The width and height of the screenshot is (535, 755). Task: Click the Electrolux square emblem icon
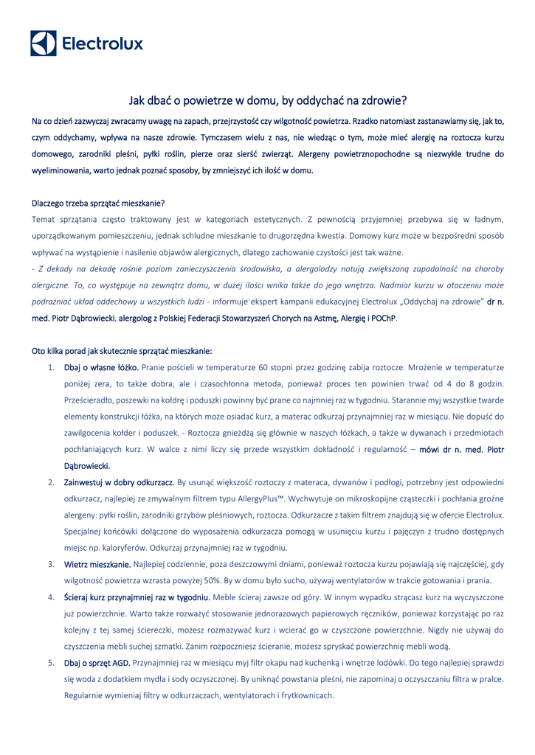pos(43,44)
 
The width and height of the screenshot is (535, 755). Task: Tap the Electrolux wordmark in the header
pos(103,44)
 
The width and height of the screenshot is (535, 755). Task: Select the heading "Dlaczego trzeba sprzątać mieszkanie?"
pos(98,203)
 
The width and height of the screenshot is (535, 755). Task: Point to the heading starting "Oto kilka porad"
pos(122,351)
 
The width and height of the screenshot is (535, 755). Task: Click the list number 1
pos(51,367)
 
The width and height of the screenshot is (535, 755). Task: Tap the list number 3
pos(51,564)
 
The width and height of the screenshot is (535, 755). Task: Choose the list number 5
pos(51,663)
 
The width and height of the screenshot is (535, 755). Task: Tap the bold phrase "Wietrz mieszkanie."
pos(97,564)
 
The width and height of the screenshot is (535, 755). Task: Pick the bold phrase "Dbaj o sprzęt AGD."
pos(97,663)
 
